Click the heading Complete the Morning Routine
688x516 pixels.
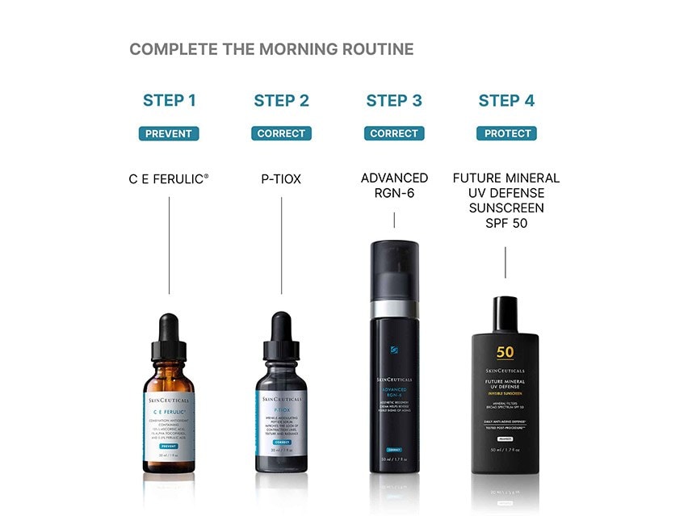tap(271, 49)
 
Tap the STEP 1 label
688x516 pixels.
tap(169, 101)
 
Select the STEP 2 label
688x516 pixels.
tap(281, 101)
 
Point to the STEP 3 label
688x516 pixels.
tap(394, 101)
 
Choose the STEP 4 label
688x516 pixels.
tap(506, 101)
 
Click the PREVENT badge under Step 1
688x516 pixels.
tap(169, 133)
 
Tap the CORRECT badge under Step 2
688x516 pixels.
tap(281, 133)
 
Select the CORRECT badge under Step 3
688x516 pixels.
tap(394, 133)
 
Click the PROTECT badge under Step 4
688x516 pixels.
tap(506, 133)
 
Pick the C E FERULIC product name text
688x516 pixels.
tap(169, 178)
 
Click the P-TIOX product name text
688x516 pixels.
tap(281, 178)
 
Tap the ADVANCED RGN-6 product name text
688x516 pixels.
tap(394, 185)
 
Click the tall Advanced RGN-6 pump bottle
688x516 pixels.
tap(394, 363)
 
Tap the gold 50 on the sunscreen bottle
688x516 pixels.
tap(505, 352)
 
